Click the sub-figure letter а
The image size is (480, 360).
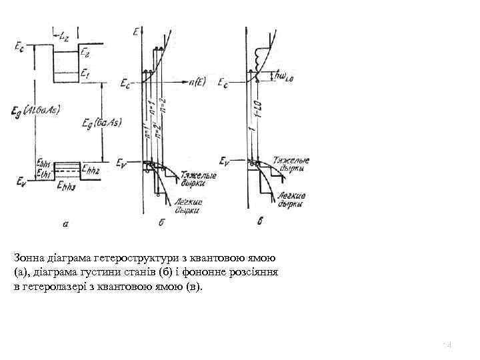click(65, 224)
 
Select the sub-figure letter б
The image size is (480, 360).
click(162, 223)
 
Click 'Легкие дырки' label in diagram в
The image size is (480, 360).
click(291, 199)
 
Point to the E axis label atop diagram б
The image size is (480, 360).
click(136, 31)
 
